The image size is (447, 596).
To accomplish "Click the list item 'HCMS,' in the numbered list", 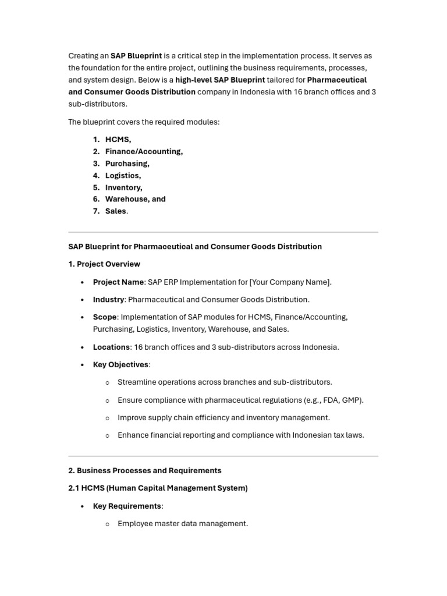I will (x=118, y=140).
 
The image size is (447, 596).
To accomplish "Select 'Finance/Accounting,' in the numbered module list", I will (x=144, y=151).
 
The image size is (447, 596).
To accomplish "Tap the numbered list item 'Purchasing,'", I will (x=127, y=164).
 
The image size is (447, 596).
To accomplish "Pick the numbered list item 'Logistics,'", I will (x=123, y=175).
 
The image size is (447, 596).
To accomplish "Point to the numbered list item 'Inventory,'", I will (x=123, y=187).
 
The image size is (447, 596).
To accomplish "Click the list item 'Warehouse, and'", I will (x=135, y=199).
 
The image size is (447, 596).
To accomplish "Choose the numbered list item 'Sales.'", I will (x=116, y=211).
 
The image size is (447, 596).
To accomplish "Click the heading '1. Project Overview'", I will (x=104, y=264).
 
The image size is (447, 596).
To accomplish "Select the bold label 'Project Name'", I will (x=118, y=282).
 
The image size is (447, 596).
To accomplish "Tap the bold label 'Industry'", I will (x=108, y=300).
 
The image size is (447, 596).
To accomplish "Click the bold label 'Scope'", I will (x=105, y=317).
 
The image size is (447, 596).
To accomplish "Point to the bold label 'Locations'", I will (x=111, y=347).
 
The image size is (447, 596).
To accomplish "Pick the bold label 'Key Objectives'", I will (x=120, y=365).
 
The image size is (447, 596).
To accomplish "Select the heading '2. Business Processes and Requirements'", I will (x=145, y=470).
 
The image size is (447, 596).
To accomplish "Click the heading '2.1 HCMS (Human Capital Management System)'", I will (x=158, y=488).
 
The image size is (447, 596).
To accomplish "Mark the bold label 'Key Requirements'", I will (x=127, y=506).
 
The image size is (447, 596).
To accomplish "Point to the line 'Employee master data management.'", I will (x=183, y=524).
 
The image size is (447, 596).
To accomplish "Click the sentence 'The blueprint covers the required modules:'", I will (x=144, y=122).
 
